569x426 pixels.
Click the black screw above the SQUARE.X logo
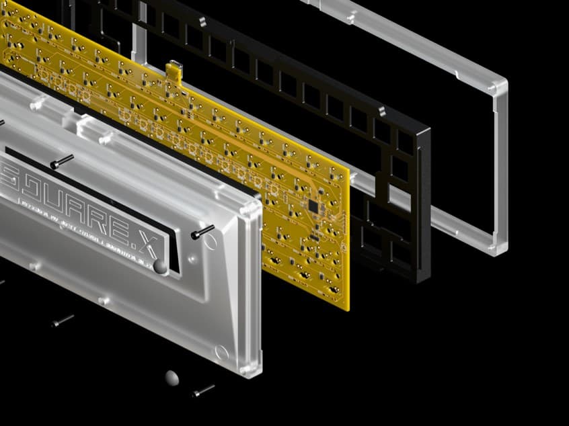pyautogui.click(x=61, y=161)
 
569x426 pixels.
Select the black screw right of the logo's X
pyautogui.click(x=202, y=232)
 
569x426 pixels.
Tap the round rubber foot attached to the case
pyautogui.click(x=161, y=267)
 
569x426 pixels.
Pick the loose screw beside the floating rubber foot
pyautogui.click(x=203, y=390)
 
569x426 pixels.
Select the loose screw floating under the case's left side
pyautogui.click(x=63, y=321)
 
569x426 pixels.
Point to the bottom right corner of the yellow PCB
pyautogui.click(x=348, y=309)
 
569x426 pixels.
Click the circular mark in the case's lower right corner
pyautogui.click(x=221, y=351)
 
